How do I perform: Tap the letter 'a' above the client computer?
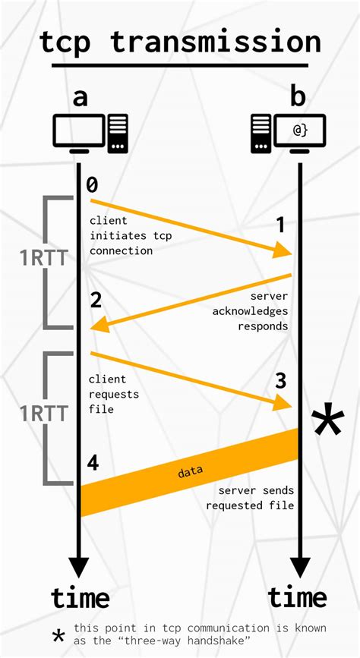(81, 98)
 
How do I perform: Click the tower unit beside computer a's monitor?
(118, 134)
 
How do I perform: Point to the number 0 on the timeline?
(92, 184)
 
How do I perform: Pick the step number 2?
(96, 301)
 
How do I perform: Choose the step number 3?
(281, 381)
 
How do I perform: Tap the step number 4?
(93, 463)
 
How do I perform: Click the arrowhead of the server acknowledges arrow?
(100, 324)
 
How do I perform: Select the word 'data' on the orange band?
(191, 471)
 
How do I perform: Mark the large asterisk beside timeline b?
(327, 419)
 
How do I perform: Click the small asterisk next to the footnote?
(58, 636)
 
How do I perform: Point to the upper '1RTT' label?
(44, 259)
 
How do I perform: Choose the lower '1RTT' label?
(44, 414)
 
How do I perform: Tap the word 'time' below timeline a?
(81, 597)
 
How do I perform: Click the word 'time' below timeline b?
(298, 597)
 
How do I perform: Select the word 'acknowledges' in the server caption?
(251, 312)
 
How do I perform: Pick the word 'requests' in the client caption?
(114, 395)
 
